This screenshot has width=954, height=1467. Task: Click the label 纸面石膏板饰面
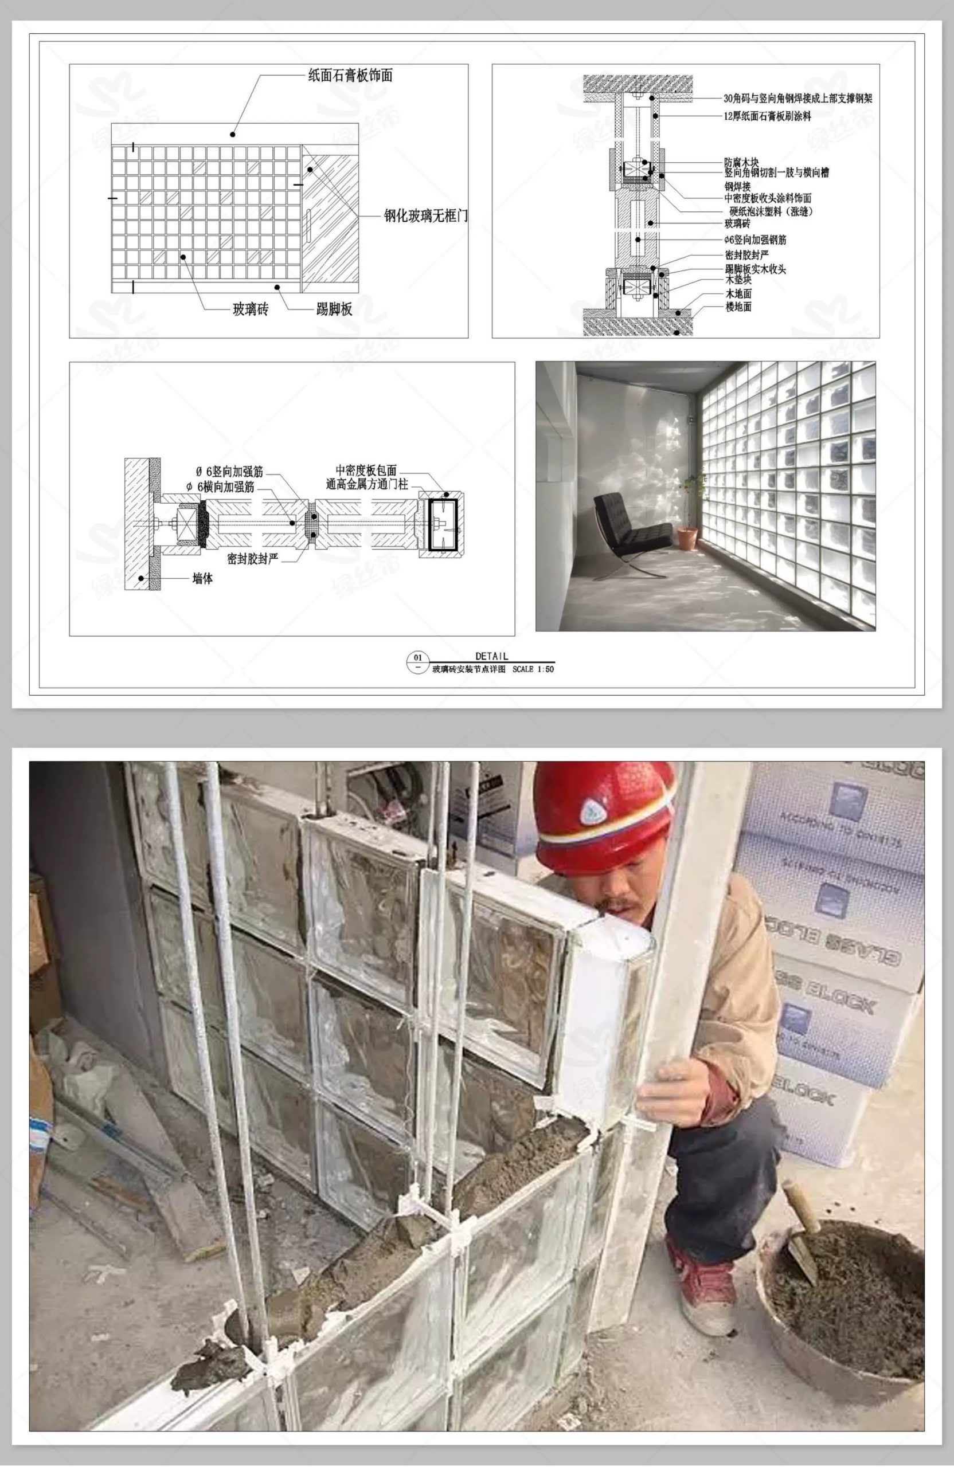click(x=350, y=76)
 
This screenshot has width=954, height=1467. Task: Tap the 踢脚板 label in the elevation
click(x=334, y=309)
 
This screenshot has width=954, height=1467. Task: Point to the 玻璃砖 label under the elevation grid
click(x=251, y=309)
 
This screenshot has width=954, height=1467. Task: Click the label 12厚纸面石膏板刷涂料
click(x=767, y=115)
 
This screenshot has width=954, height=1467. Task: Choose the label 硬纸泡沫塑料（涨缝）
click(x=771, y=211)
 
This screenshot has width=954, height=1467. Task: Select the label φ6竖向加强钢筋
click(x=755, y=239)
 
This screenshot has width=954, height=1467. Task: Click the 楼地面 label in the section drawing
click(x=738, y=307)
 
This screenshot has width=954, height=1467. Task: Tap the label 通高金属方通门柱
click(x=367, y=485)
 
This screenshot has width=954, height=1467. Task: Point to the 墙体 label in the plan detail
click(x=202, y=579)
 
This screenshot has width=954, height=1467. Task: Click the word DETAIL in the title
click(x=491, y=657)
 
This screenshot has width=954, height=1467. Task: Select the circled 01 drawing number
click(x=417, y=658)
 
